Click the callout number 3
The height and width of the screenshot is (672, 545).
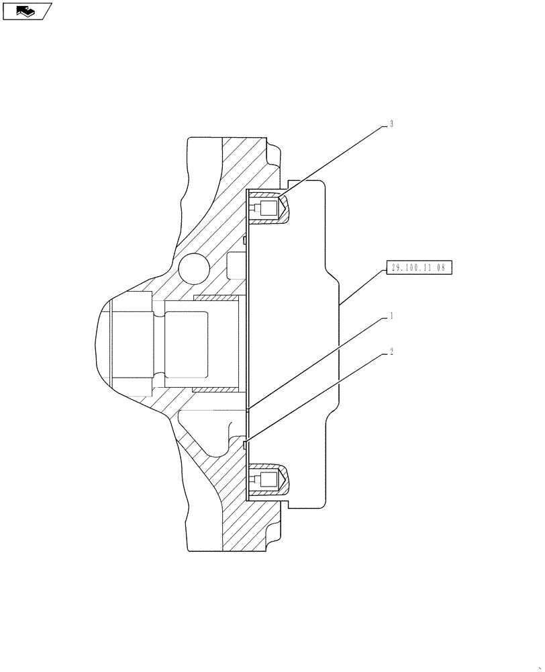[x=391, y=124]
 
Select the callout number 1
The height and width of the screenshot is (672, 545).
[x=391, y=316]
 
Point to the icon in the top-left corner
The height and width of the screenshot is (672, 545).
[x=27, y=11]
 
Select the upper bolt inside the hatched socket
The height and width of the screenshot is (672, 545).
[x=267, y=210]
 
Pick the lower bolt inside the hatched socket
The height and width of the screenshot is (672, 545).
[x=267, y=480]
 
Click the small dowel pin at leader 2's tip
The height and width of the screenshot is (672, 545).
[x=246, y=442]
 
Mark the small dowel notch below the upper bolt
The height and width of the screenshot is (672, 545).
[x=246, y=239]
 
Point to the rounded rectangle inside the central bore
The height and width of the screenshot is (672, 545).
[x=200, y=343]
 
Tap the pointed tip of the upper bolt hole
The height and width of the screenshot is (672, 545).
[x=287, y=210]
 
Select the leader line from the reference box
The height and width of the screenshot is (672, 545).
[x=362, y=286]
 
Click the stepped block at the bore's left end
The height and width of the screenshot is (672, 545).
[x=132, y=344]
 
